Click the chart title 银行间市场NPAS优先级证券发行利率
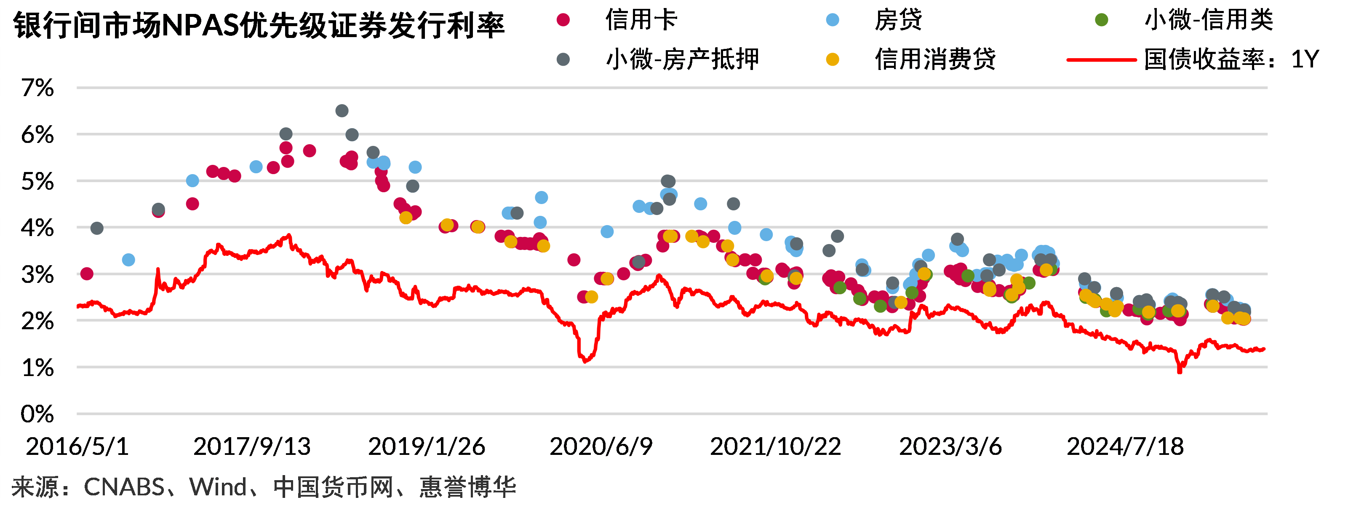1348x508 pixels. (259, 25)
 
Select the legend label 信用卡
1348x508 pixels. (641, 20)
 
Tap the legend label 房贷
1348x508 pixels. (898, 20)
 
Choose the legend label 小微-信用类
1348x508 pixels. (1209, 20)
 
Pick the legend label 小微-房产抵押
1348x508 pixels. (682, 59)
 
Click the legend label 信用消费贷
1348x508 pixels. (935, 59)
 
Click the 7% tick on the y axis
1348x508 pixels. (37, 88)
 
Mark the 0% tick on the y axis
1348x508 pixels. (37, 414)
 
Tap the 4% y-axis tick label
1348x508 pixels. (37, 228)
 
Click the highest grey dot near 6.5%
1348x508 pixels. (342, 111)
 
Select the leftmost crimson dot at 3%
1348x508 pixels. (87, 273)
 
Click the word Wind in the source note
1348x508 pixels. (218, 487)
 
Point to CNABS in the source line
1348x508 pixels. (124, 487)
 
